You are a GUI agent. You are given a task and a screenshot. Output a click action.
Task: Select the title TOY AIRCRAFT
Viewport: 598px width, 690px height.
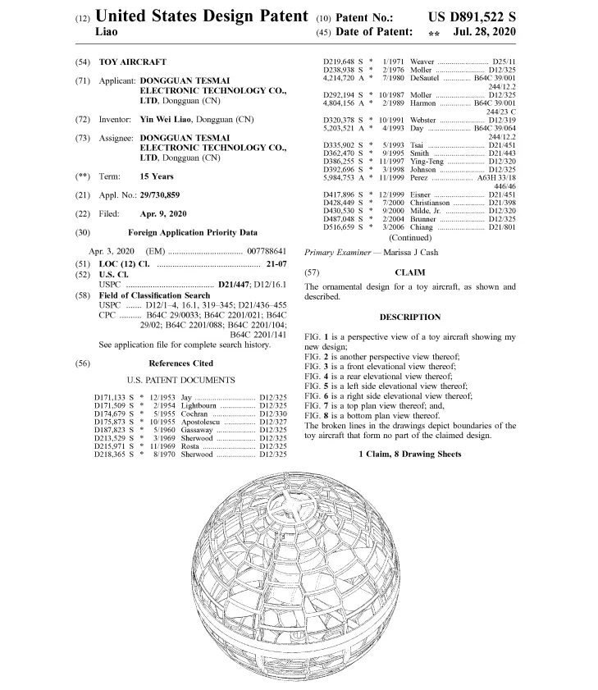coord(132,62)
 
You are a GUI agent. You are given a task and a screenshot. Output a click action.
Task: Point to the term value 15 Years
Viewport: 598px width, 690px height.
coord(157,176)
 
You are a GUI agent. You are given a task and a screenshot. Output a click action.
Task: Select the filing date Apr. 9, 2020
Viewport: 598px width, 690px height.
coord(164,213)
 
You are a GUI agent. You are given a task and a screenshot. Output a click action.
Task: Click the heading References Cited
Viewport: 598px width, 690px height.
coord(180,363)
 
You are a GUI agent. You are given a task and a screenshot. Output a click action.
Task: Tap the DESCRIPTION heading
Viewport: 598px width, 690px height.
coord(410,317)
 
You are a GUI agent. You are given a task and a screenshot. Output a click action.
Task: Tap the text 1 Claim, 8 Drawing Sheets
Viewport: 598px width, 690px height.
coord(409,454)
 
